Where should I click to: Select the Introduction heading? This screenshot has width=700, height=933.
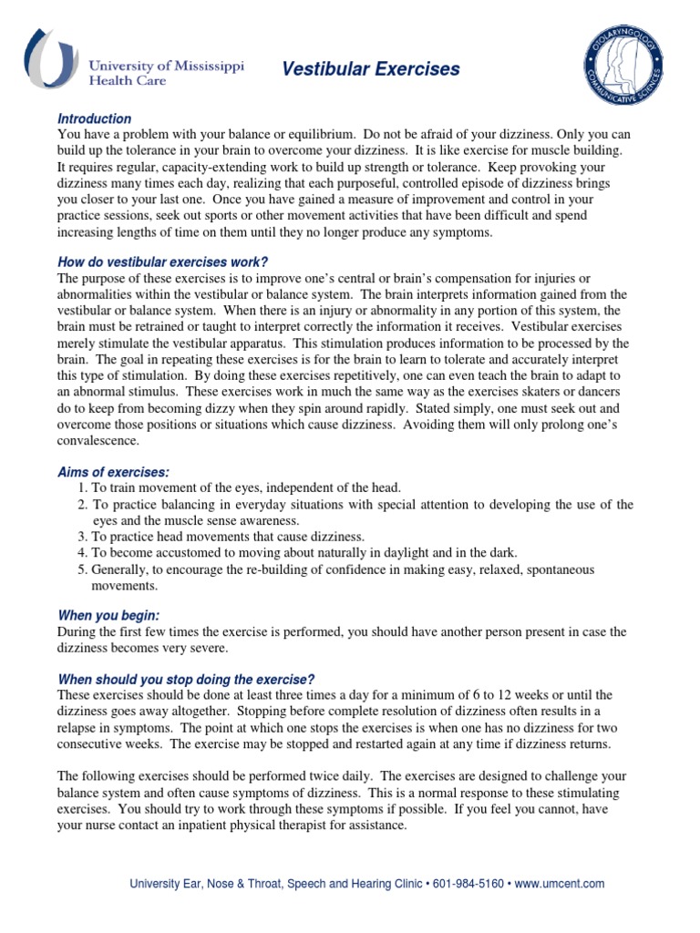coord(95,118)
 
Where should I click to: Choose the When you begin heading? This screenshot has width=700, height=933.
coord(108,615)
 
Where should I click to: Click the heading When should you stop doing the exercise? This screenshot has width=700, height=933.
coord(186,680)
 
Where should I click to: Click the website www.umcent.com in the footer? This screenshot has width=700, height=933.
coord(560,884)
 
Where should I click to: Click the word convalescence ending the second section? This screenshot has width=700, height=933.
coord(98,441)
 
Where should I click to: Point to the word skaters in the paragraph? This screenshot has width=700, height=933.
coord(521,392)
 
